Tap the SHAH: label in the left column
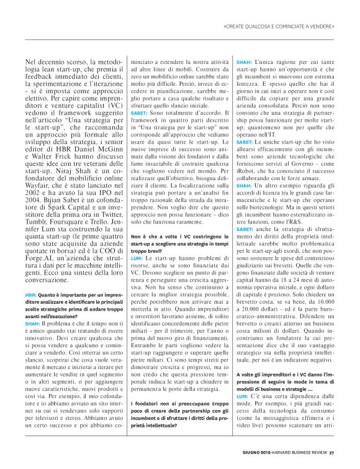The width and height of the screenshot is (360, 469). pyautogui.click(x=32, y=323)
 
